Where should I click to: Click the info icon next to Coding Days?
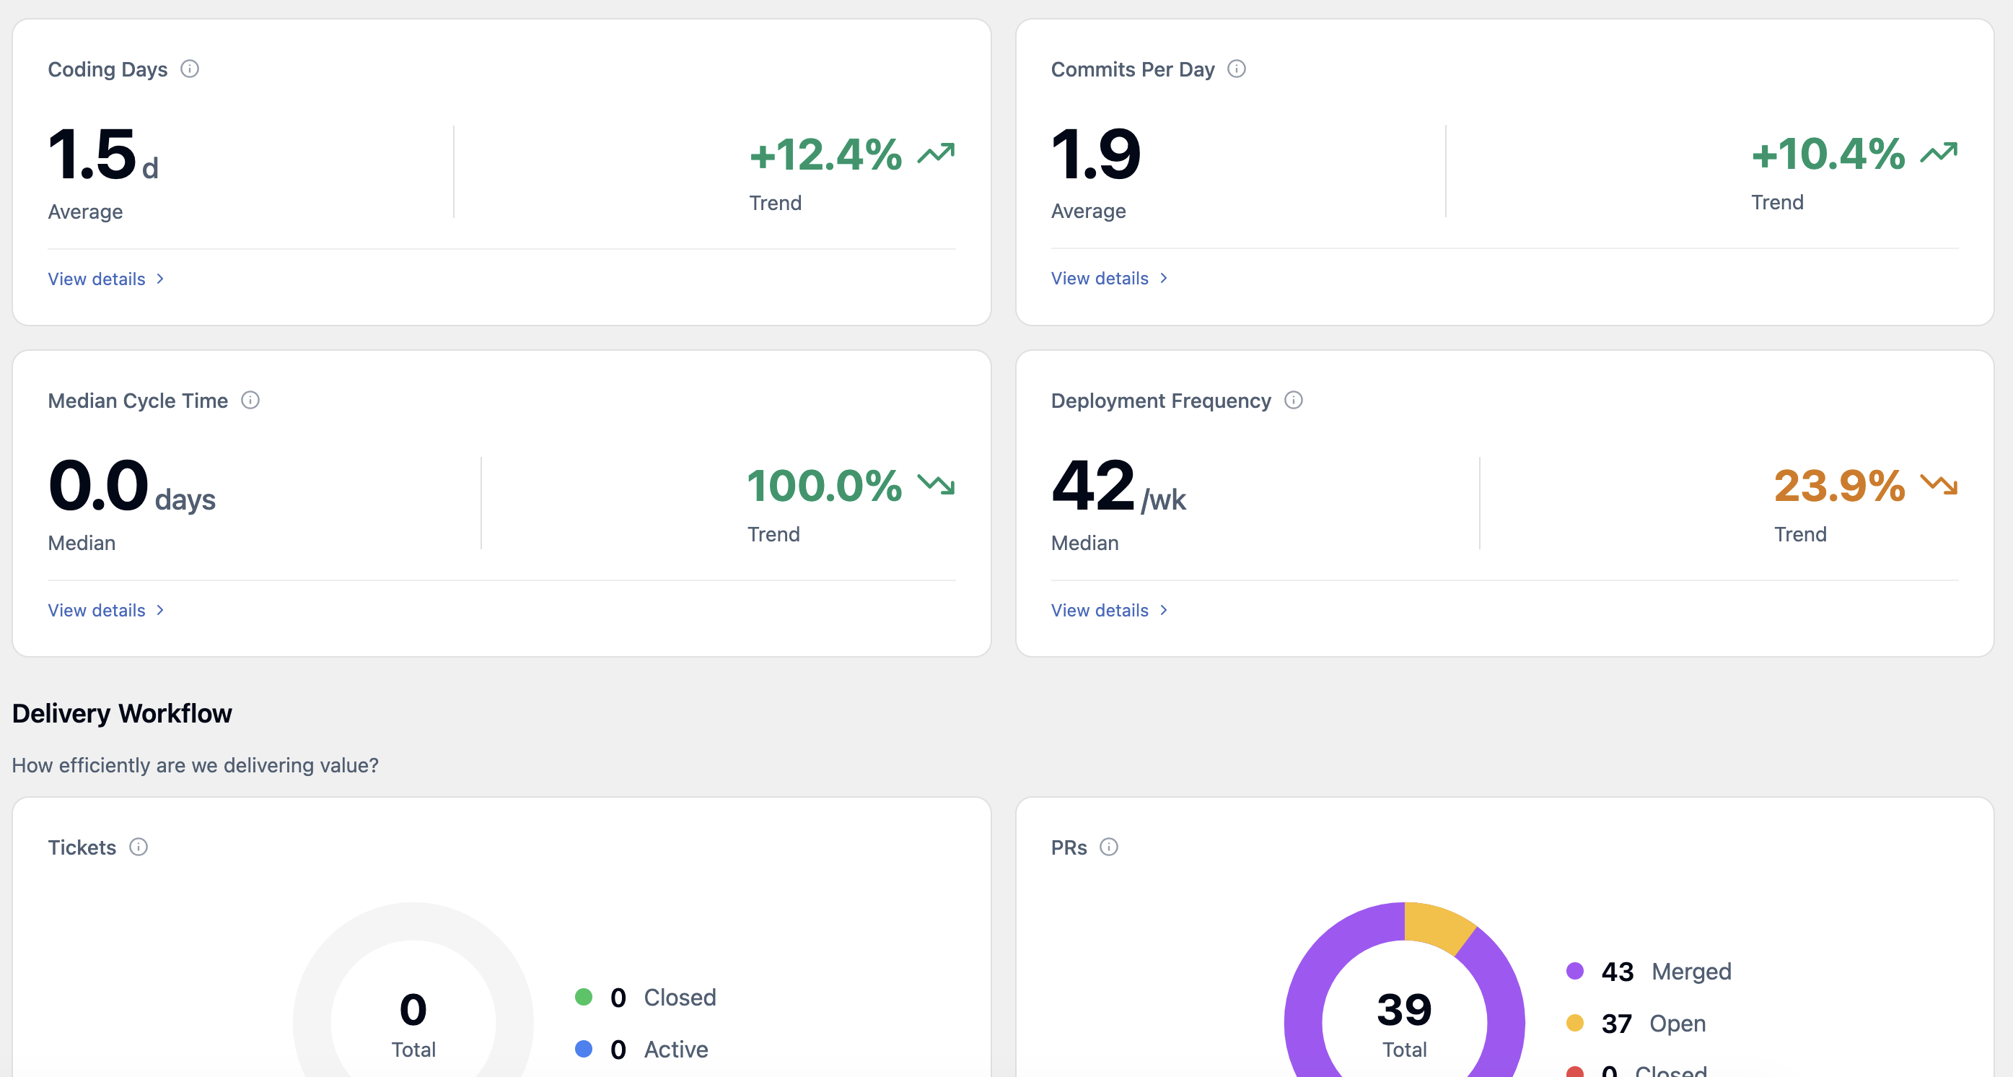(x=190, y=69)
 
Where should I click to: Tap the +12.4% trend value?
(x=825, y=154)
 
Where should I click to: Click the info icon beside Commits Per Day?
(x=1236, y=69)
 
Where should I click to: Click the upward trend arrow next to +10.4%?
(x=1939, y=152)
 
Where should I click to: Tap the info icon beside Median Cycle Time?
(x=250, y=400)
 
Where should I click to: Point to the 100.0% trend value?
(x=825, y=485)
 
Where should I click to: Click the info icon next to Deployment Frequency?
(x=1294, y=400)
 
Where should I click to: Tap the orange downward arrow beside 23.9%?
(x=1939, y=484)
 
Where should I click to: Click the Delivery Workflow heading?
(x=122, y=714)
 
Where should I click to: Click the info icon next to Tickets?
(x=139, y=847)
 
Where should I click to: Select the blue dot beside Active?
(x=584, y=1049)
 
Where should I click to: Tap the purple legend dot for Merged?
(x=1575, y=971)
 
